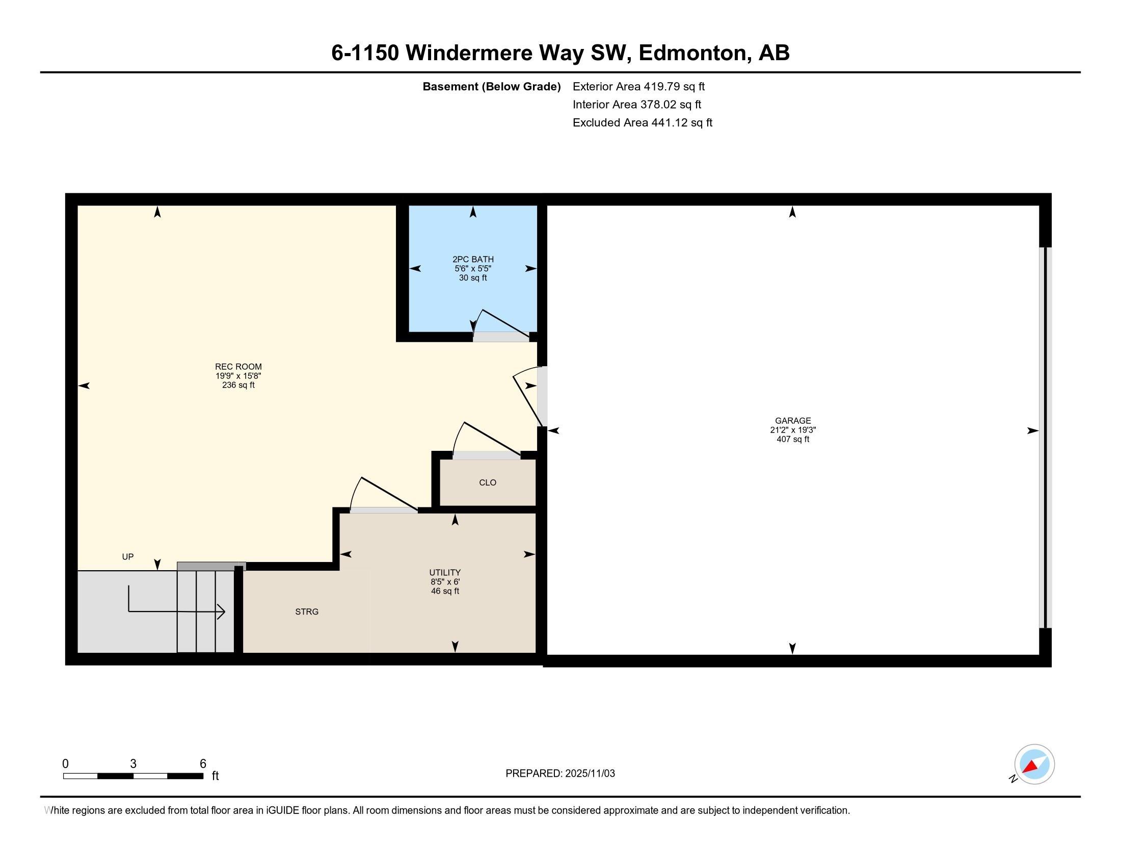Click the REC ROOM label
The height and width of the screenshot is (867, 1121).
pyautogui.click(x=238, y=367)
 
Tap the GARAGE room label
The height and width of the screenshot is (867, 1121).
pyautogui.click(x=792, y=421)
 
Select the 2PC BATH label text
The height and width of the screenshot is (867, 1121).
pyautogui.click(x=473, y=260)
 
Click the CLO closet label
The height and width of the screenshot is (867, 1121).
pyautogui.click(x=487, y=483)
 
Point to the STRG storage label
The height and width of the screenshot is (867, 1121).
pyautogui.click(x=307, y=611)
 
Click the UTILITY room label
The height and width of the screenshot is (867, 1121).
pyautogui.click(x=444, y=573)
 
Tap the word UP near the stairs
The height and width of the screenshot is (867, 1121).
pyautogui.click(x=128, y=557)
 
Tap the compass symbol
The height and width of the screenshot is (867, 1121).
pyautogui.click(x=1034, y=764)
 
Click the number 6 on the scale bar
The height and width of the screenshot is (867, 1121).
pyautogui.click(x=203, y=764)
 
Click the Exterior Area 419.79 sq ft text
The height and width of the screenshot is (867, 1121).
pyautogui.click(x=638, y=87)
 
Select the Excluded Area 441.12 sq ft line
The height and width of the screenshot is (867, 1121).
pyautogui.click(x=642, y=123)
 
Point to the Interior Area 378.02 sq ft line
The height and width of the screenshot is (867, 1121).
pyautogui.click(x=636, y=105)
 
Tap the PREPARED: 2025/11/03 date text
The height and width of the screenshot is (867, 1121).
pyautogui.click(x=560, y=774)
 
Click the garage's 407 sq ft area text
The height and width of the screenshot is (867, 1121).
pyautogui.click(x=792, y=440)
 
